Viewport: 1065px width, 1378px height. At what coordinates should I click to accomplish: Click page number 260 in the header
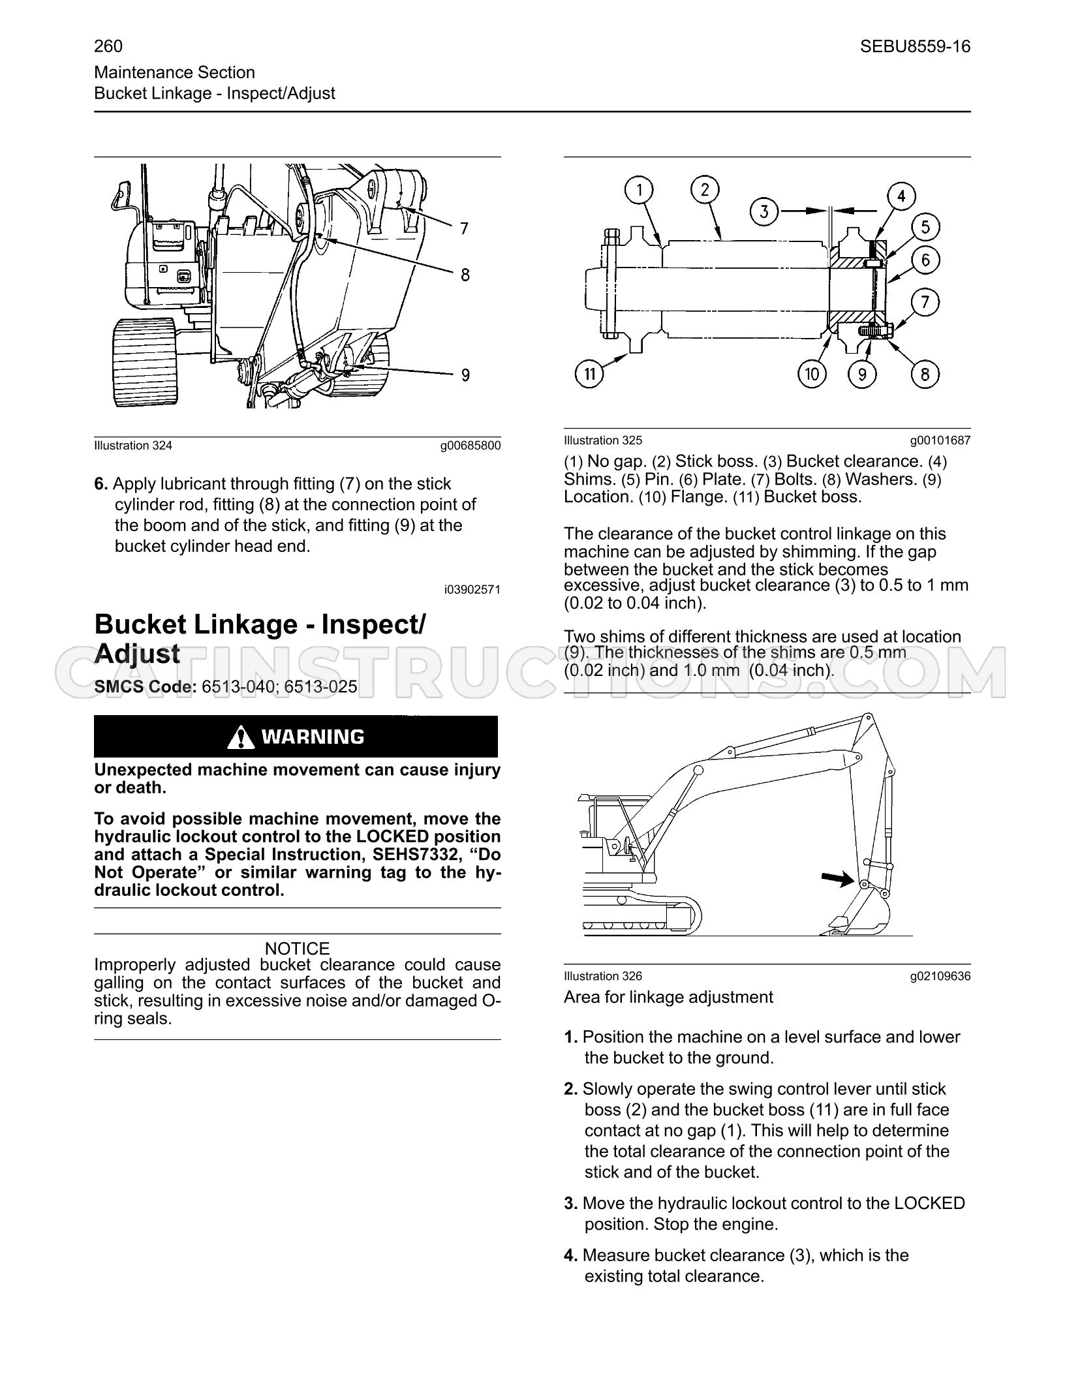click(x=108, y=46)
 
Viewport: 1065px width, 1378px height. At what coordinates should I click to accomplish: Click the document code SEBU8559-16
click(x=915, y=46)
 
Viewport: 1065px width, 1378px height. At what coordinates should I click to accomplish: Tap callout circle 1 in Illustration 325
click(x=640, y=191)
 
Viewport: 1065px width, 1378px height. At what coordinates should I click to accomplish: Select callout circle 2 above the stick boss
click(x=705, y=190)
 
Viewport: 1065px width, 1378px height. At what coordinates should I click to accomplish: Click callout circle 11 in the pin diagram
click(x=590, y=374)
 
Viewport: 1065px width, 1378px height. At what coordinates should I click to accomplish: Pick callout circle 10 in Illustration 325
click(x=812, y=374)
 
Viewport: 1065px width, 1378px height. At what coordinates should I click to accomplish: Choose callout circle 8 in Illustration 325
click(x=925, y=374)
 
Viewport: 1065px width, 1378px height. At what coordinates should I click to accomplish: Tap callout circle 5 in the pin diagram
click(x=925, y=227)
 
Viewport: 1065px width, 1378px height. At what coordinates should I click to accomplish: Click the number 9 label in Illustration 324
click(x=465, y=375)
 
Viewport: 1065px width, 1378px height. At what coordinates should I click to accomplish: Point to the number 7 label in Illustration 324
click(x=464, y=228)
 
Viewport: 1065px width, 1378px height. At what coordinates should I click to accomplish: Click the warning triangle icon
click(x=241, y=737)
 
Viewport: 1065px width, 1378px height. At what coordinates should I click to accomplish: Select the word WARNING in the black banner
click(x=313, y=737)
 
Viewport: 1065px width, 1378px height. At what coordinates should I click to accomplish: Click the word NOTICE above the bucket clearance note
click(x=298, y=948)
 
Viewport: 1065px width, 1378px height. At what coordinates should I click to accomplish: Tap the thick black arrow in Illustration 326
click(x=838, y=879)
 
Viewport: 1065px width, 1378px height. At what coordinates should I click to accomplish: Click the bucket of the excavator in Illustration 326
click(x=855, y=913)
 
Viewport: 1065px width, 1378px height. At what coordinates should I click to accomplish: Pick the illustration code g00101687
click(x=940, y=440)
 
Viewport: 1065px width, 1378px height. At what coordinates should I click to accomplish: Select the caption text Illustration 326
click(x=603, y=976)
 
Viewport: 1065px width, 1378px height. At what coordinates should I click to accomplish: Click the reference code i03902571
click(x=472, y=589)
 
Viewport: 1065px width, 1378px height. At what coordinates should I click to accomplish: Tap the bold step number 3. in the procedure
click(x=571, y=1203)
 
